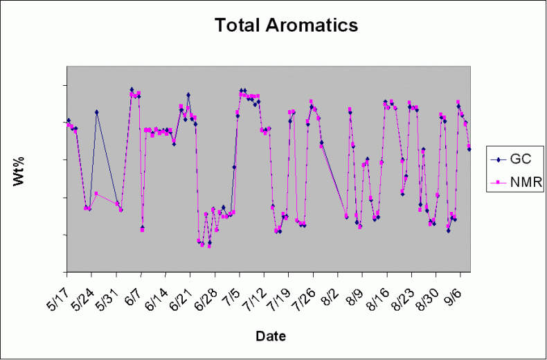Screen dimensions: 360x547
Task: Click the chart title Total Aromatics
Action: (286, 26)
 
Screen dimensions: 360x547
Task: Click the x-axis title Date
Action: (271, 336)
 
